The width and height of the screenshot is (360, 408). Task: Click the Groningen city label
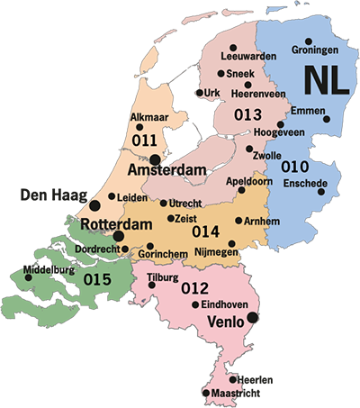click(310, 51)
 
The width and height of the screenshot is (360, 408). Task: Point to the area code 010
click(295, 167)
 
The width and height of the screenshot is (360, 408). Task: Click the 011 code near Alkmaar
click(144, 141)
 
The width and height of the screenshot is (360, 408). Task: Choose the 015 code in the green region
click(97, 280)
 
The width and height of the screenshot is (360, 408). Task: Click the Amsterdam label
click(167, 169)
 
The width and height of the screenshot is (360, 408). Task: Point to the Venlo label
click(226, 321)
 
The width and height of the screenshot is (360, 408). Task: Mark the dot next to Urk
click(199, 92)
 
